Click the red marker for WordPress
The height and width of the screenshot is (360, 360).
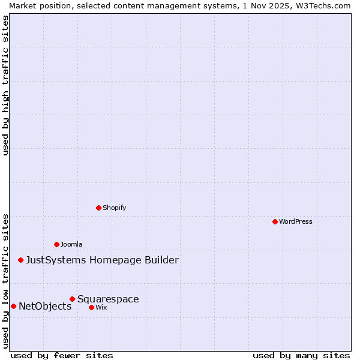coord(275,221)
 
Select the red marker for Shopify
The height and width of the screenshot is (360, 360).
coord(98,208)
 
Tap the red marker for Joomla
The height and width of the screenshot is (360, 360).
coord(56,244)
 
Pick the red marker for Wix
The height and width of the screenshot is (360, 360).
coord(91,307)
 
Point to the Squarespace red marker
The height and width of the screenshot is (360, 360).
coord(72,299)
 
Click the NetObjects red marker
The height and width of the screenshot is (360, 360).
coord(13,306)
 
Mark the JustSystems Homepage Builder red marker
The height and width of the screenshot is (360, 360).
coord(20,260)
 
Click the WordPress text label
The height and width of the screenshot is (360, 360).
coord(296,221)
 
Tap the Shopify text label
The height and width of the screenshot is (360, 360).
coord(114,208)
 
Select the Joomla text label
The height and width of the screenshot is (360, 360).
coord(71,244)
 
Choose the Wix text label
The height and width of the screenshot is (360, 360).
coord(101,307)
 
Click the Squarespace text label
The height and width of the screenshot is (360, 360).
coord(108,299)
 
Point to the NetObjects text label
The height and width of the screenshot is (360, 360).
coord(45,306)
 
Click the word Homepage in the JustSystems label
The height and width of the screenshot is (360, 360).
coord(114,260)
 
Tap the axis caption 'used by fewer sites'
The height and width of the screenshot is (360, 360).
coord(62,355)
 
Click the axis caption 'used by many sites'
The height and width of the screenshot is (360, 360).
coord(301,355)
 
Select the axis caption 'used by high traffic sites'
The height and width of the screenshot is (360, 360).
coord(5,85)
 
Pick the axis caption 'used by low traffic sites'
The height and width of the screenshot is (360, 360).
coord(5,281)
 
